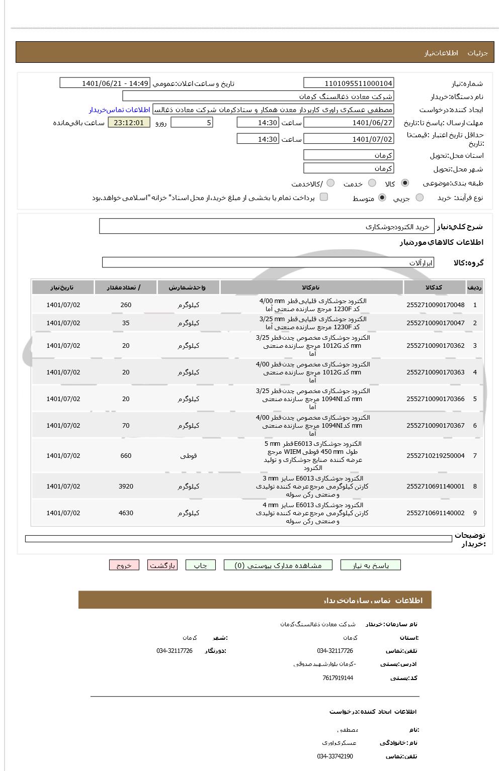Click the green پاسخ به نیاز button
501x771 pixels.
371,565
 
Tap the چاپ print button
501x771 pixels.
200,565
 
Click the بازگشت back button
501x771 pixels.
162,565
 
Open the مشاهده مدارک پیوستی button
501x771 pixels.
278,565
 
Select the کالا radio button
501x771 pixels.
405,183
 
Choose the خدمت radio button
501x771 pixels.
372,183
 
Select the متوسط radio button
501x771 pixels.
382,198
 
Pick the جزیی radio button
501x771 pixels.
420,198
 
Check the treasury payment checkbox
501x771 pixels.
324,197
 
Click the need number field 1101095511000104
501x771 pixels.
349,83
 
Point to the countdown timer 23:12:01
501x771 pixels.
129,123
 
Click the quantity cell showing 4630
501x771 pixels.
126,513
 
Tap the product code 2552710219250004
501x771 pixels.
435,456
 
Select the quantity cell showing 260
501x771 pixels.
126,305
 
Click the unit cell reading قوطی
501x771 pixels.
189,456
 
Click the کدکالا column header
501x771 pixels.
434,287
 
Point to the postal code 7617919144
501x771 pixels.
338,678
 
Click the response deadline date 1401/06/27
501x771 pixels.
349,123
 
